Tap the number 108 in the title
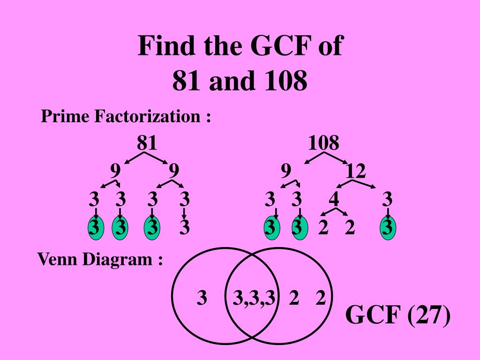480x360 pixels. pyautogui.click(x=285, y=81)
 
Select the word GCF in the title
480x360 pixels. pyautogui.click(x=281, y=45)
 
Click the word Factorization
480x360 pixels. pyautogui.click(x=147, y=116)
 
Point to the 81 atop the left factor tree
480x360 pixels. pyautogui.click(x=147, y=142)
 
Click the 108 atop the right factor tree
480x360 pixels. pyautogui.click(x=323, y=142)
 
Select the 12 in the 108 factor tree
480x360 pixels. pyautogui.click(x=356, y=171)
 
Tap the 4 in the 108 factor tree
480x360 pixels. pyautogui.click(x=334, y=199)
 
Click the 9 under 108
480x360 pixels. pyautogui.click(x=285, y=171)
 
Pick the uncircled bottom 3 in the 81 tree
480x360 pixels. pyautogui.click(x=184, y=227)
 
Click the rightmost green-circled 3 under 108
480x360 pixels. pyautogui.click(x=388, y=228)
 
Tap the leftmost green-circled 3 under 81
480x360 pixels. pyautogui.click(x=96, y=228)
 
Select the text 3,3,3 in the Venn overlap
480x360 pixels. pyautogui.click(x=254, y=298)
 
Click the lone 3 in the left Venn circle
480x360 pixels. pyautogui.click(x=202, y=298)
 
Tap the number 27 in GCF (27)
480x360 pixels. pyautogui.click(x=428, y=315)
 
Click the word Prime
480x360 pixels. pyautogui.click(x=65, y=116)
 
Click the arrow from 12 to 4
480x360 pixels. pyautogui.click(x=344, y=184)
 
